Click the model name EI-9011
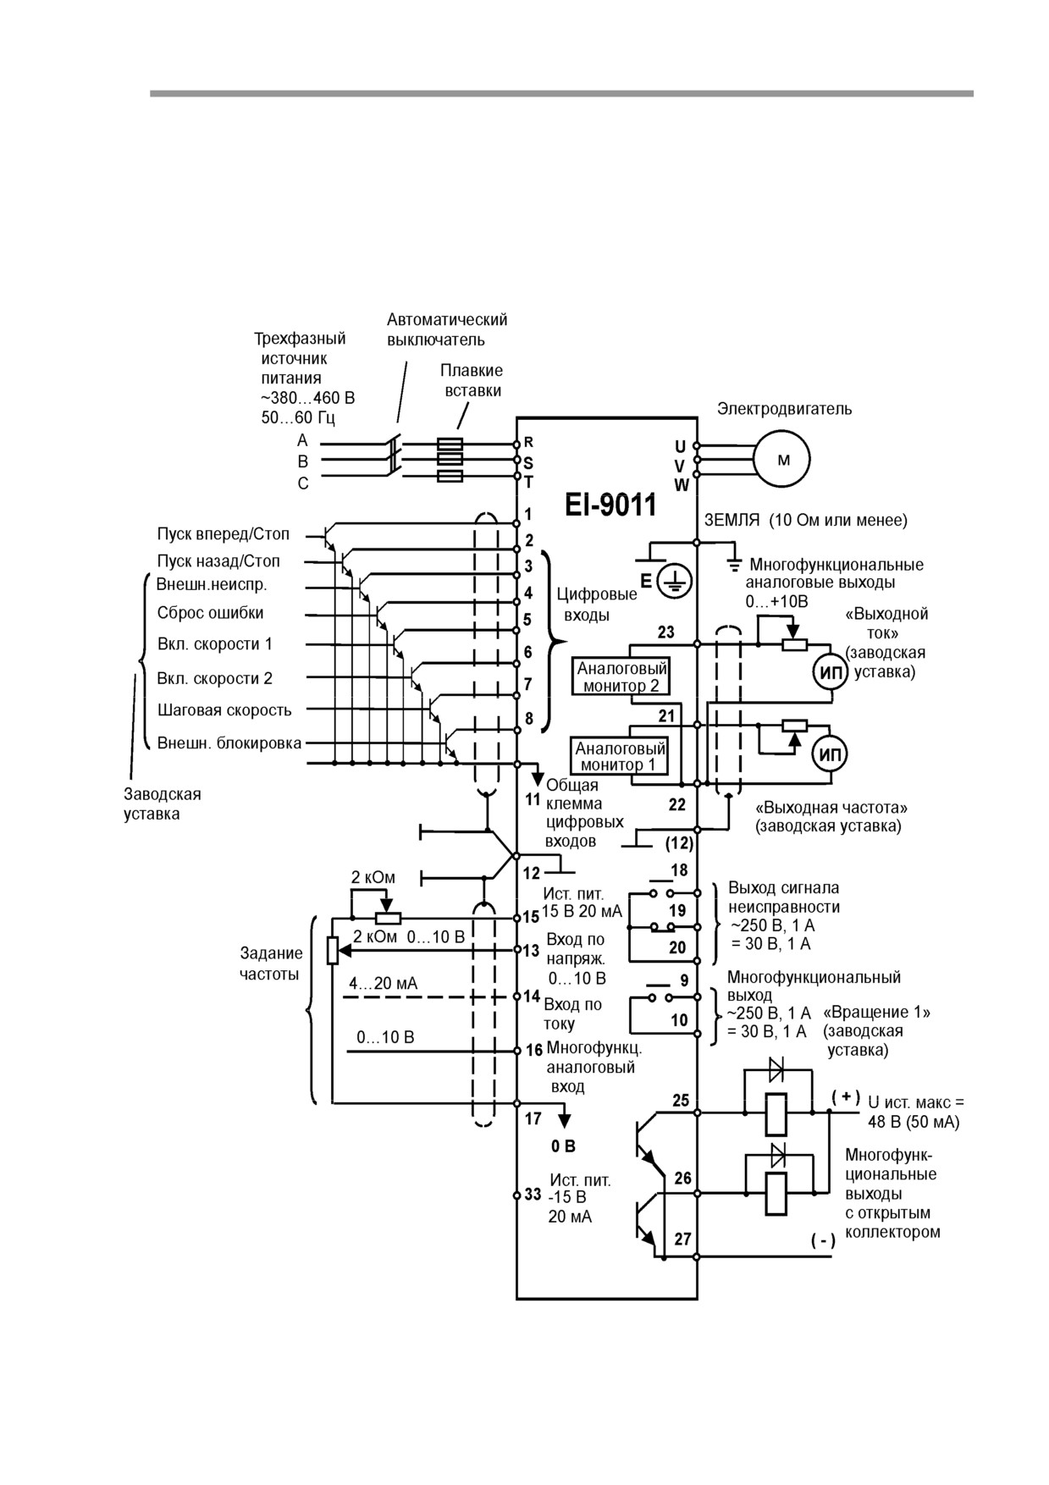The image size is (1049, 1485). click(610, 505)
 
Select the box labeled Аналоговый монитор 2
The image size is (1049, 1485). click(621, 676)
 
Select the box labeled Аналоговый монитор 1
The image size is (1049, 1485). click(621, 756)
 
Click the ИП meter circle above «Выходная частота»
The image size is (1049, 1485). click(830, 754)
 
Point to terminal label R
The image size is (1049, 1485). click(528, 442)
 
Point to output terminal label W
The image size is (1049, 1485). click(681, 485)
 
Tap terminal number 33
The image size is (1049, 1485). click(533, 1195)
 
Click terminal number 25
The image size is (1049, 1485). click(681, 1101)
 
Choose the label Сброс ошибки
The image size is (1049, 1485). click(210, 613)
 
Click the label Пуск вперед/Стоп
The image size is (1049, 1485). click(223, 534)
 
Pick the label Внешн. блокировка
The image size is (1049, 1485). click(229, 743)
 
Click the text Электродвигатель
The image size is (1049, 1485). click(785, 409)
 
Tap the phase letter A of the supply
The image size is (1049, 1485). click(302, 441)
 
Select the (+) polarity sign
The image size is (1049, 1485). click(846, 1096)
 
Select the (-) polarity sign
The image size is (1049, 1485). click(823, 1240)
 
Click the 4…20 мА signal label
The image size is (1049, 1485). click(383, 984)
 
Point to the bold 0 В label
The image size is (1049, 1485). click(563, 1146)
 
